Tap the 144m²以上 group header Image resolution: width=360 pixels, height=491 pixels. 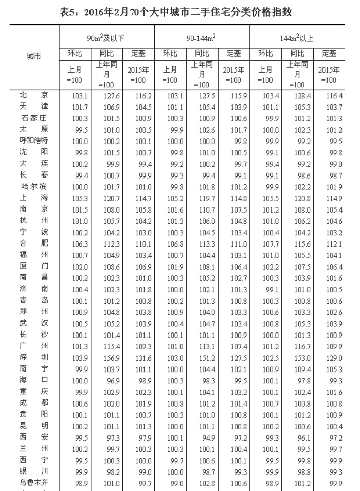pyautogui.click(x=298, y=38)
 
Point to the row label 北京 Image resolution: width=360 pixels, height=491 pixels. pyautogui.click(x=34, y=95)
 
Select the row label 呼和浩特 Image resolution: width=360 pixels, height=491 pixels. pyautogui.click(x=34, y=141)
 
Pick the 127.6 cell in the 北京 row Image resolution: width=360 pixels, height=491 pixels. pyautogui.click(x=106, y=95)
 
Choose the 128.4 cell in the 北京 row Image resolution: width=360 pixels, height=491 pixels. pyautogui.click(x=297, y=95)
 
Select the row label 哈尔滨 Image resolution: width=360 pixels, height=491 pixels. pyautogui.click(x=34, y=186)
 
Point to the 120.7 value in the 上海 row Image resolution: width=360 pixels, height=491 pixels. pyautogui.click(x=106, y=198)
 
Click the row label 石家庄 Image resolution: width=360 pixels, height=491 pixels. pyautogui.click(x=34, y=118)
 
